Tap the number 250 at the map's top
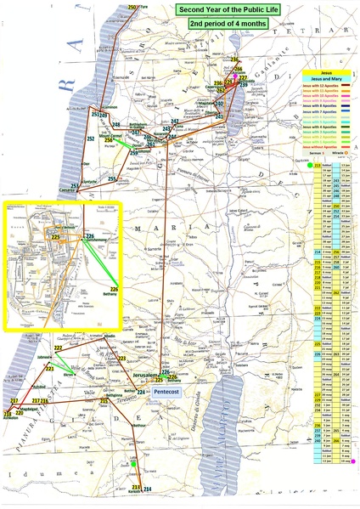point(132,7)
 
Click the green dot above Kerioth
point(133,464)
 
